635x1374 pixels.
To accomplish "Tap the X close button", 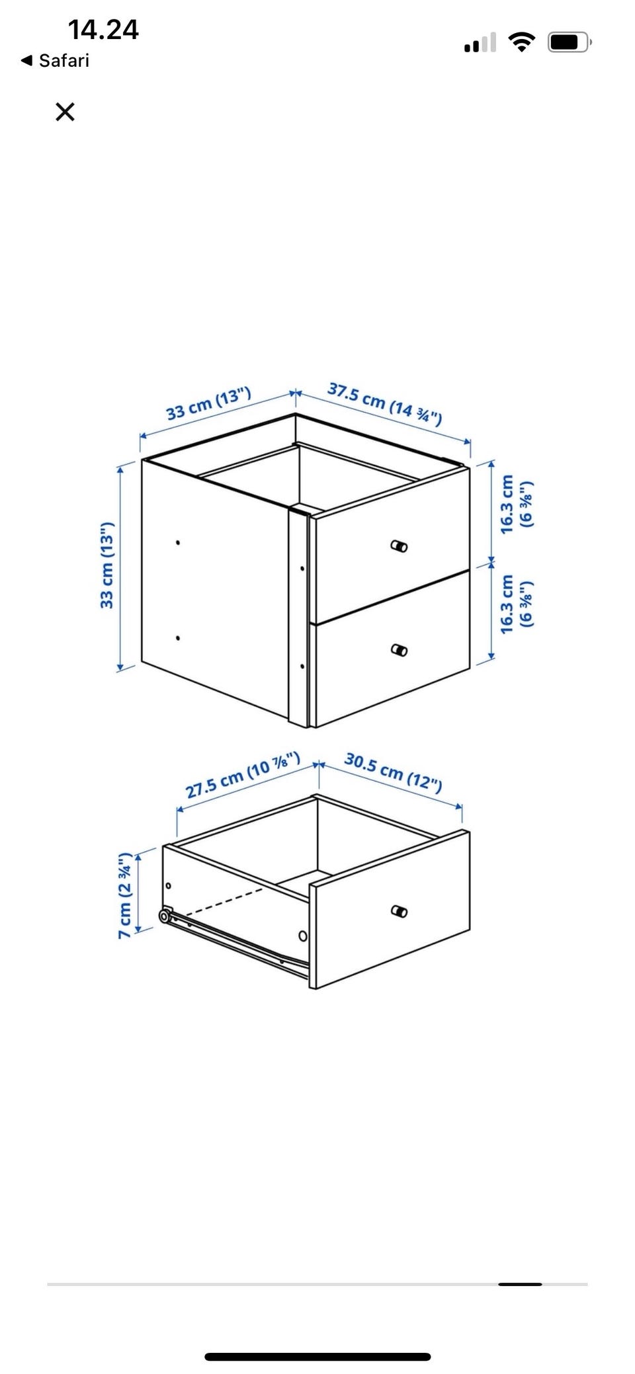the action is pyautogui.click(x=65, y=112).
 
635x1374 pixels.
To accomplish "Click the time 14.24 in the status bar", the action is pyautogui.click(x=103, y=30).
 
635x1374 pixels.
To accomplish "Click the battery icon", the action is pyautogui.click(x=570, y=42).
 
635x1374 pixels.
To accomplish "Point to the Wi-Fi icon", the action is pyautogui.click(x=522, y=42).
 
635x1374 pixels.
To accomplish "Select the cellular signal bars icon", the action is pyautogui.click(x=480, y=42).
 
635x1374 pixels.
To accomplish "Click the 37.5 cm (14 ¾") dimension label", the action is pyautogui.click(x=385, y=403).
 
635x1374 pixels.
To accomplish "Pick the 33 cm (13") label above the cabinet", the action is pyautogui.click(x=208, y=403).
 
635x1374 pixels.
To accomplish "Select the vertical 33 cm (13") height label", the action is pyautogui.click(x=106, y=565).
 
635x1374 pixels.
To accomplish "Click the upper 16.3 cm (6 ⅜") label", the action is pyautogui.click(x=516, y=504).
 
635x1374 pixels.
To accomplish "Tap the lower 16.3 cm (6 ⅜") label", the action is pyautogui.click(x=516, y=604).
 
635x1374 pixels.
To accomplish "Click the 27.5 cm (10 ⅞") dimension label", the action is pyautogui.click(x=243, y=775).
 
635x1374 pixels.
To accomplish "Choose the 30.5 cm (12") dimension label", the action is pyautogui.click(x=393, y=771).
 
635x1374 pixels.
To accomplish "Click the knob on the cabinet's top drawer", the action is pyautogui.click(x=399, y=546).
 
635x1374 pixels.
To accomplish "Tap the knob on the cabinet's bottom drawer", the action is pyautogui.click(x=399, y=649).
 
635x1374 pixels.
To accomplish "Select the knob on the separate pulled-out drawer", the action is pyautogui.click(x=399, y=911).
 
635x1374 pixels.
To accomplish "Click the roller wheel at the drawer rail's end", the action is pyautogui.click(x=164, y=916).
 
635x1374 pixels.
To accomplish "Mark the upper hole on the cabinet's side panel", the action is pyautogui.click(x=178, y=543).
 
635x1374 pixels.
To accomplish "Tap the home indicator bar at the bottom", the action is pyautogui.click(x=317, y=1357).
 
